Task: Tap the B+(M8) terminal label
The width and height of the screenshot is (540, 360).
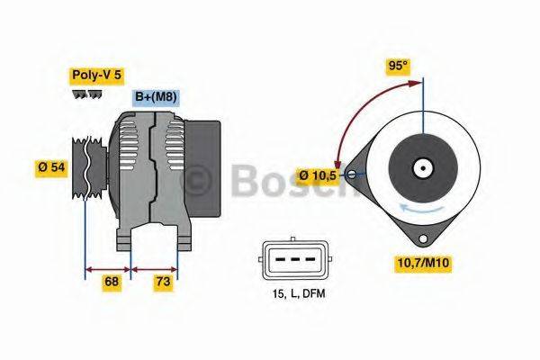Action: click(155, 97)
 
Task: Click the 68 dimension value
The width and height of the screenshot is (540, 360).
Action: click(112, 282)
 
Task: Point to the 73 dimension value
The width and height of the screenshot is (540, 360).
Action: click(164, 282)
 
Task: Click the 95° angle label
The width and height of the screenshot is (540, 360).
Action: click(398, 66)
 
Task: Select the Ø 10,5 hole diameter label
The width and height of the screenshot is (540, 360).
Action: click(319, 175)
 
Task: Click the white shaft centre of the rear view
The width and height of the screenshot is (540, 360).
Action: click(421, 167)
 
